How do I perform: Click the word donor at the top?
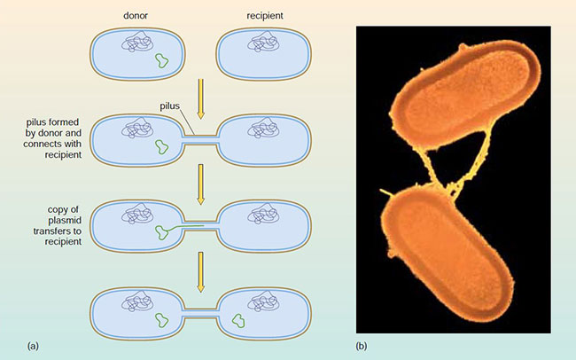[136, 15]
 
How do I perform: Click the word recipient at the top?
[265, 16]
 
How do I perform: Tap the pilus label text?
[170, 106]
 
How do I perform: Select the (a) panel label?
[33, 346]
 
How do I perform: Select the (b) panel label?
[362, 346]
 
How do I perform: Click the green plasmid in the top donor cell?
[161, 60]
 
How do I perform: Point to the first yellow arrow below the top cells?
[200, 98]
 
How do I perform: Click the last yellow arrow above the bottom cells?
[200, 272]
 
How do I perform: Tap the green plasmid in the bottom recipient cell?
[238, 320]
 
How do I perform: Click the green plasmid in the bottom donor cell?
[161, 320]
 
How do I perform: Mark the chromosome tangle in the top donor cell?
[137, 42]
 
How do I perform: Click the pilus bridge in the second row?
[200, 140]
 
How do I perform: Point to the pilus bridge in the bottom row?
[200, 313]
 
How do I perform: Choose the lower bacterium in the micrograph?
[448, 254]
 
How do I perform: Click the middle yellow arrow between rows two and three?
[200, 184]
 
